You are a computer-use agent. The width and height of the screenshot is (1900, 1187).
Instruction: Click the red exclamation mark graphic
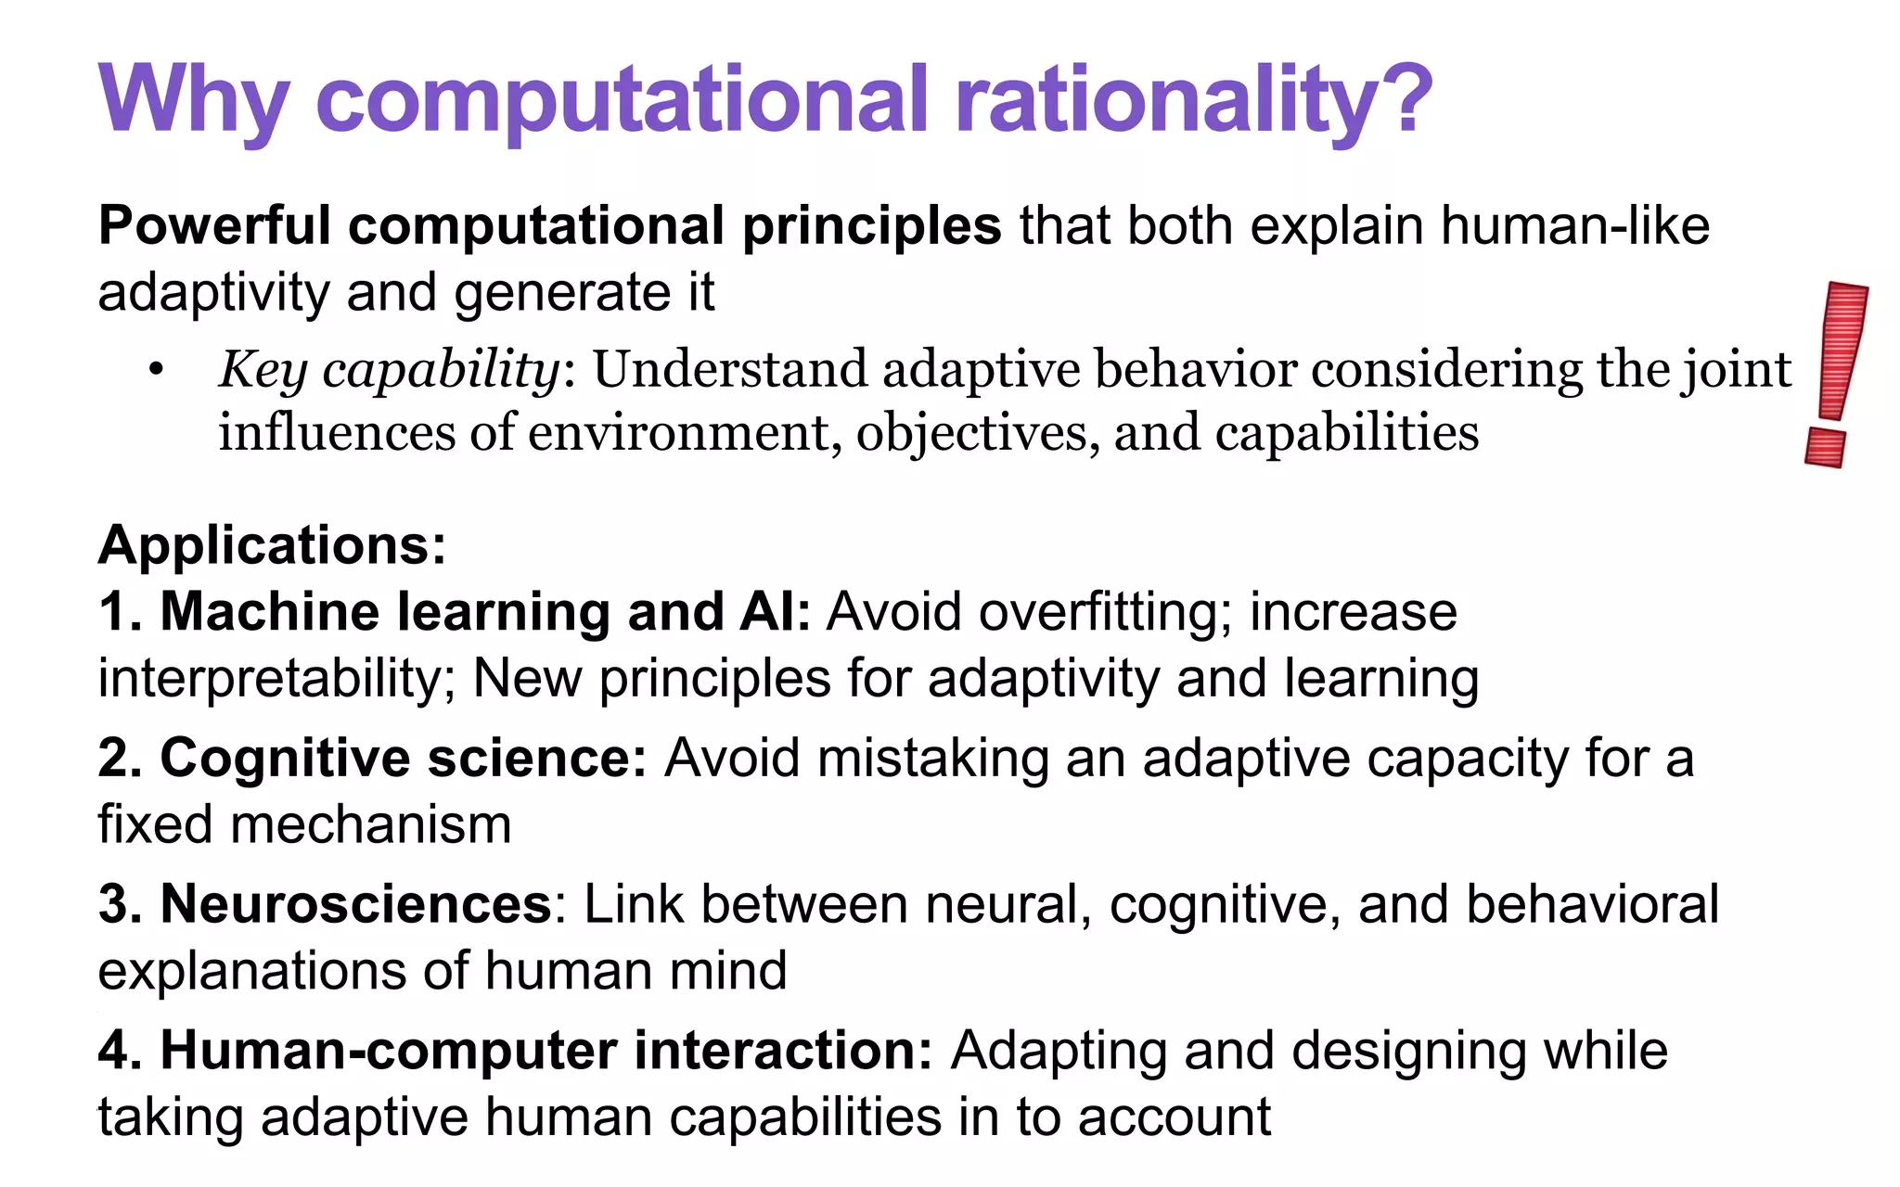(1837, 371)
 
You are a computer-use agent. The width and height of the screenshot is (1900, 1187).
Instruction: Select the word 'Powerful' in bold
(214, 226)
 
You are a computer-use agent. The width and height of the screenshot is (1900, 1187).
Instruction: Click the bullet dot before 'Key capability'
(156, 371)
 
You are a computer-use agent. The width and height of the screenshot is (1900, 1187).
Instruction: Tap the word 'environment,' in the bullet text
(686, 434)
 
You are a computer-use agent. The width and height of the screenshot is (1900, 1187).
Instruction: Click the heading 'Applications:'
(272, 545)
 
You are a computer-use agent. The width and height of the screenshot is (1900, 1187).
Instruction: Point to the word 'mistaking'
(932, 759)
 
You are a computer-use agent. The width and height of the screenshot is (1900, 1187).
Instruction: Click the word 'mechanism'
(370, 825)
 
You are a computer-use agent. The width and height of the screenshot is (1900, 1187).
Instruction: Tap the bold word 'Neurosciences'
(356, 904)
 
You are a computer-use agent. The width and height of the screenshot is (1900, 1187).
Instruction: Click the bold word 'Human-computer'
(389, 1051)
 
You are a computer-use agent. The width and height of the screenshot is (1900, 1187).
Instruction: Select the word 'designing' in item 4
(1408, 1052)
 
